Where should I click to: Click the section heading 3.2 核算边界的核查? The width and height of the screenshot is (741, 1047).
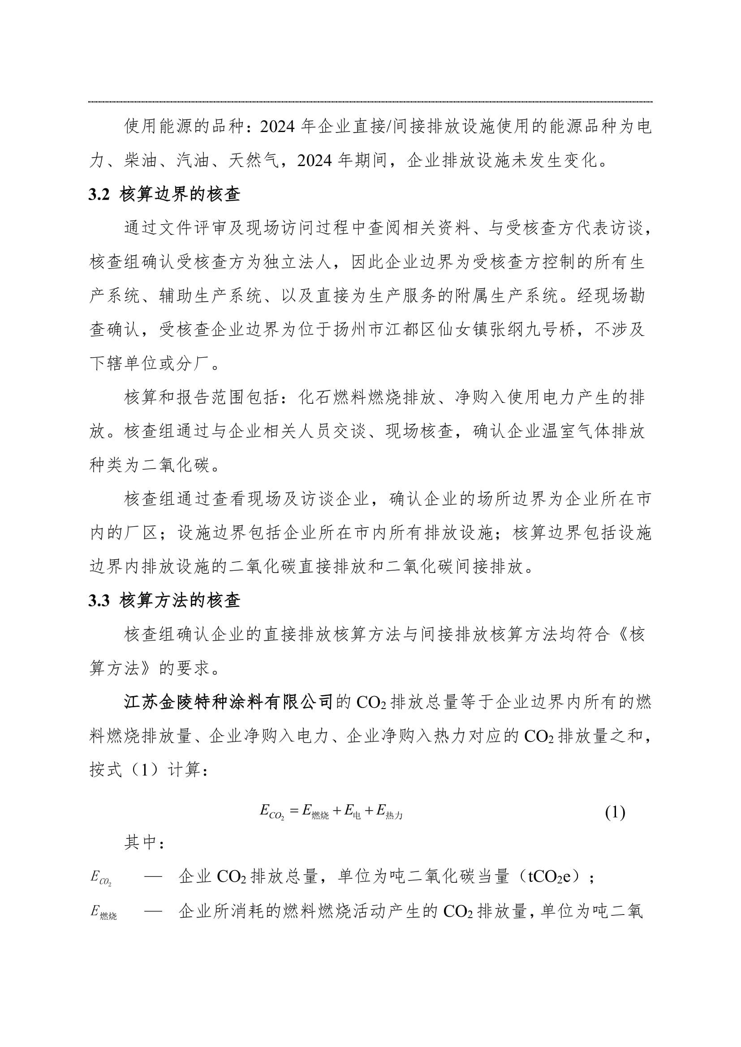click(164, 195)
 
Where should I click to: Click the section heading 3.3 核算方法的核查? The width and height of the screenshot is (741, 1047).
click(164, 601)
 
